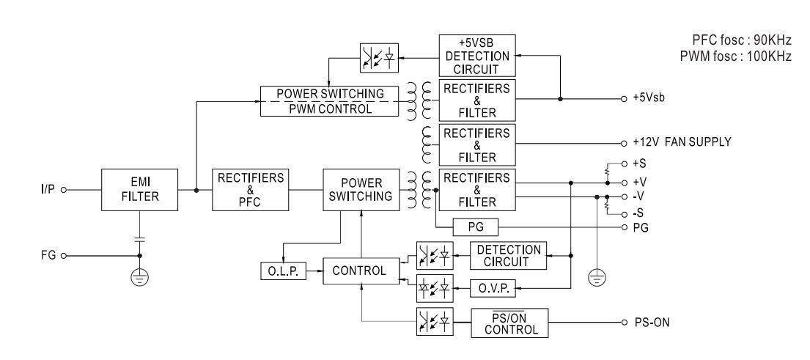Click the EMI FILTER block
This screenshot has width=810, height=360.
click(x=139, y=188)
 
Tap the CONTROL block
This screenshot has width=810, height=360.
click(x=359, y=271)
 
